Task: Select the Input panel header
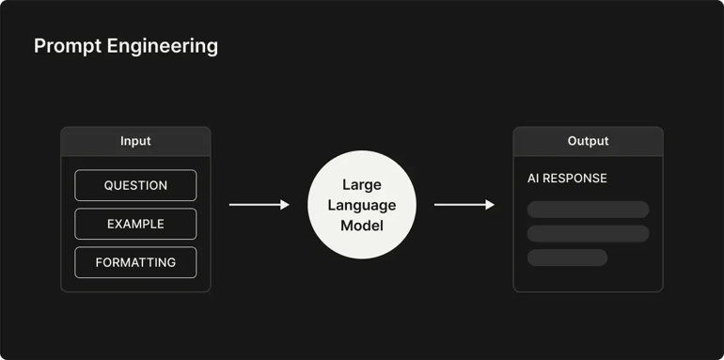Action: tap(135, 141)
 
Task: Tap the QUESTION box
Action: tap(135, 185)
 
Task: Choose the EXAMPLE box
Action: tap(135, 224)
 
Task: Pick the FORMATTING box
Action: tap(135, 262)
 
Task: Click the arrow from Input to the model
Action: tap(256, 204)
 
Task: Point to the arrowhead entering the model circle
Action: tap(285, 204)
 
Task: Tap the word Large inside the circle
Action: tap(362, 184)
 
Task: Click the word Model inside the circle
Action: tap(362, 226)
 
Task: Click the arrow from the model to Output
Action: tap(461, 204)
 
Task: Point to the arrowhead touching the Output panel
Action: tap(490, 204)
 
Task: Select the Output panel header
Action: tap(588, 141)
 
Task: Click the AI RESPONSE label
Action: tap(567, 179)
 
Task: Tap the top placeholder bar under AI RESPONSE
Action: tap(588, 210)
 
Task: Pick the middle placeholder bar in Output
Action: tap(588, 233)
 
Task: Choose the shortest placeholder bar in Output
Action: tap(567, 258)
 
